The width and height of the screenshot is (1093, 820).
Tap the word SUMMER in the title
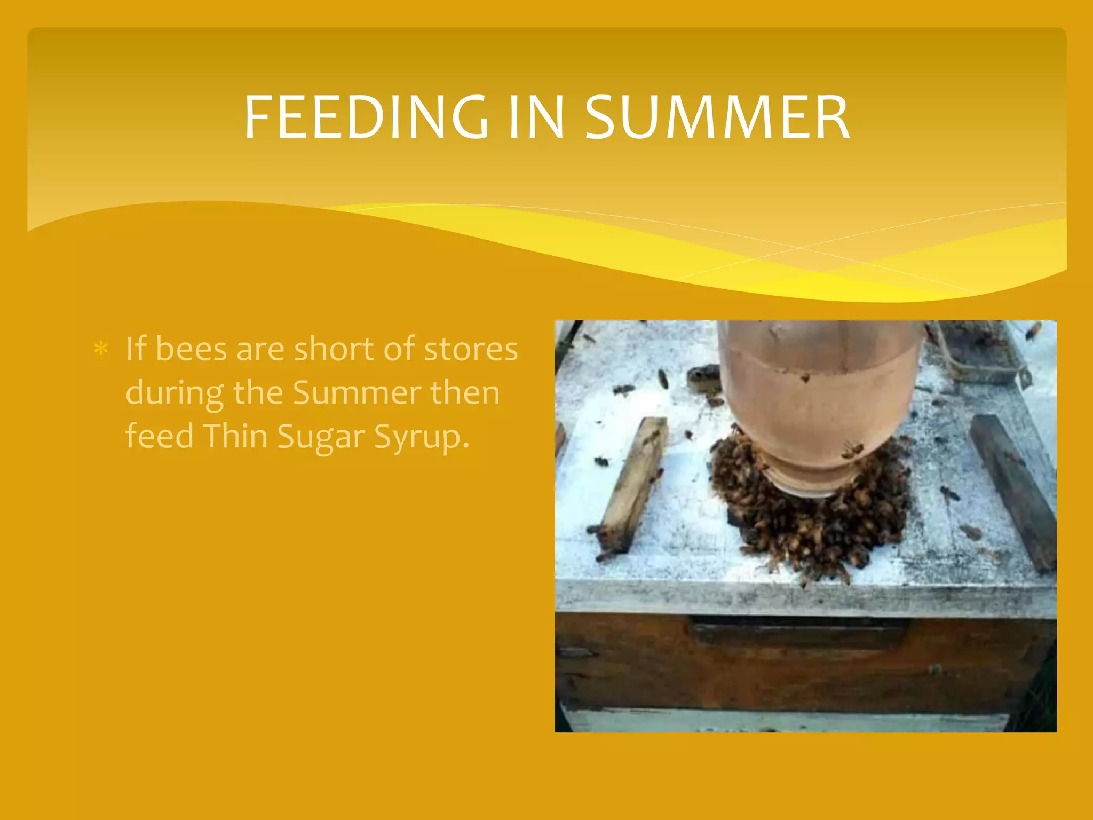tap(717, 117)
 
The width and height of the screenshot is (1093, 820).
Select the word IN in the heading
tap(536, 117)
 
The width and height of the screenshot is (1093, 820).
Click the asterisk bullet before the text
tap(100, 350)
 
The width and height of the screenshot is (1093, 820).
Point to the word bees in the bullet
tap(191, 350)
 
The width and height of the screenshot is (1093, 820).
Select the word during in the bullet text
tap(175, 394)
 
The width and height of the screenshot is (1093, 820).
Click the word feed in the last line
tap(159, 437)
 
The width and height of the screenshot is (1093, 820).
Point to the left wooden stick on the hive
tap(634, 483)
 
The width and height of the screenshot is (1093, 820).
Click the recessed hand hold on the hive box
tap(798, 633)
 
